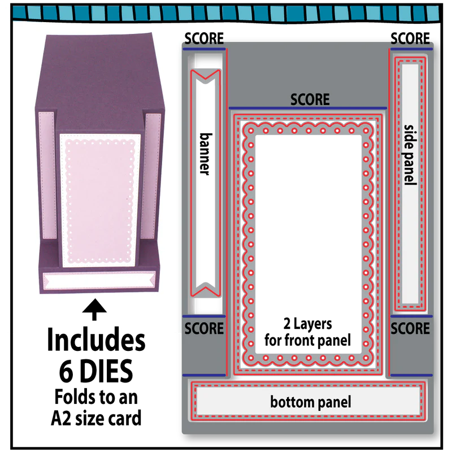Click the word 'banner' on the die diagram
(x=206, y=154)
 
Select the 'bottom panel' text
(x=310, y=402)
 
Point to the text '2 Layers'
(x=307, y=324)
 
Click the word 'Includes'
(x=96, y=340)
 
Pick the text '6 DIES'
(x=96, y=371)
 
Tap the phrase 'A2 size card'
(x=96, y=418)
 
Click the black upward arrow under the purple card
(x=94, y=309)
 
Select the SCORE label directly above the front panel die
(x=310, y=100)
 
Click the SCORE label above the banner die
(x=204, y=38)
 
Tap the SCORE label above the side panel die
(x=410, y=38)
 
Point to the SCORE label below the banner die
(x=204, y=329)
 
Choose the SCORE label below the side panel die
(x=410, y=329)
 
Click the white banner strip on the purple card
(x=99, y=280)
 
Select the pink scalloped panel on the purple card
(x=100, y=201)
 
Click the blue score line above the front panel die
(x=307, y=108)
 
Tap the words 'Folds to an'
(x=96, y=397)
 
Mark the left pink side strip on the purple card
(x=47, y=175)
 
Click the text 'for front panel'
(x=307, y=341)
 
